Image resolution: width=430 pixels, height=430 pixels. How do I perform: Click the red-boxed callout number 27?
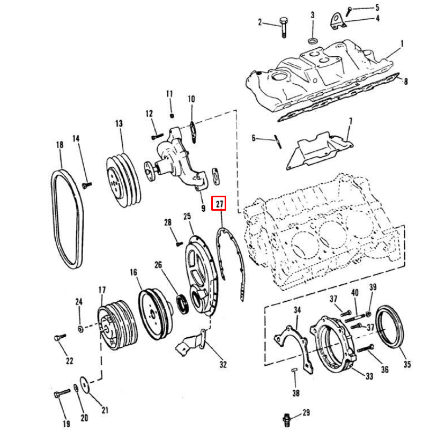[219, 203]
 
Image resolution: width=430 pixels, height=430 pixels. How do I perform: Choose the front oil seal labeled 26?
[183, 303]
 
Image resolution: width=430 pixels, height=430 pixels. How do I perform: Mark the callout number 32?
[223, 365]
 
